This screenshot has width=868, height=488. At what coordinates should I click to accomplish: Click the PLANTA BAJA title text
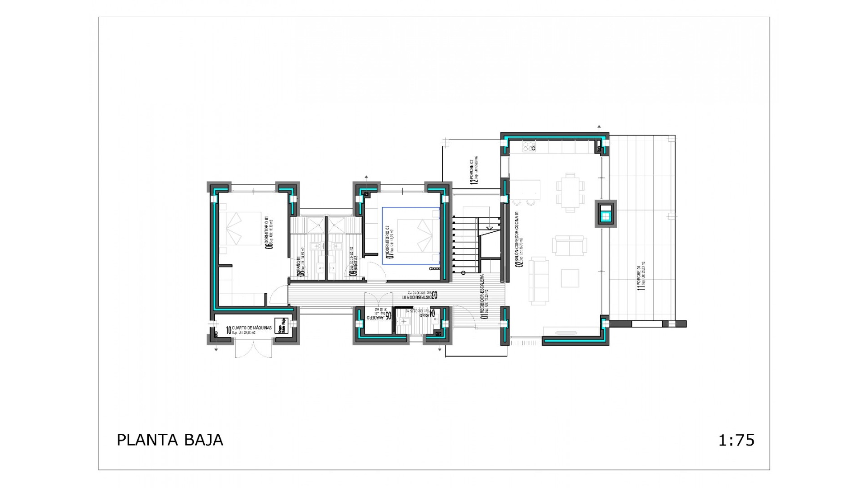pos(170,440)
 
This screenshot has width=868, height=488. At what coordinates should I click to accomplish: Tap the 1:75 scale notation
pos(736,440)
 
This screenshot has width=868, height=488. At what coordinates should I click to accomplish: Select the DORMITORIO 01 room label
pos(269,232)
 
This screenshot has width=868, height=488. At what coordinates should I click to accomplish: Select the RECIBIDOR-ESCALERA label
pos(484,297)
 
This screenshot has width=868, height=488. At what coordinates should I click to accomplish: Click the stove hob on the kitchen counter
pos(528,146)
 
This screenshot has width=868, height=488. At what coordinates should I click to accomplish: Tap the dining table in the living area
pos(570,192)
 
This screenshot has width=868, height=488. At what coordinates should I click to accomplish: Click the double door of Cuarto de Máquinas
pos(253,349)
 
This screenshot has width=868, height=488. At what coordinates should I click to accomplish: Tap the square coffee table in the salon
pos(570,278)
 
